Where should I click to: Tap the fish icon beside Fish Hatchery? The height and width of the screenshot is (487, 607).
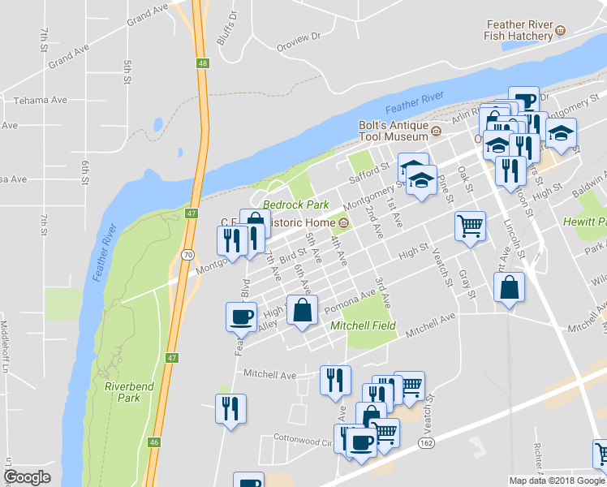[560, 32]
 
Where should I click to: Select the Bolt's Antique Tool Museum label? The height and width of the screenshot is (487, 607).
[394, 131]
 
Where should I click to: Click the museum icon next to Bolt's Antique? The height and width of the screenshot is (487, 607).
[436, 131]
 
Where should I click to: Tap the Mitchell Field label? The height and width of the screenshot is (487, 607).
[363, 325]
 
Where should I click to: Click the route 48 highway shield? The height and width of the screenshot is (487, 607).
[202, 62]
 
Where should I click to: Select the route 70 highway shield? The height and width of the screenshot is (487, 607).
[187, 254]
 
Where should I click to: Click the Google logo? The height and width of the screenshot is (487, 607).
[27, 477]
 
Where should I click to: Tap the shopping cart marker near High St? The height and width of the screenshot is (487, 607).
[470, 226]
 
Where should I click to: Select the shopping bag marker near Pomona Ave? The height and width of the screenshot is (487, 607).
[302, 310]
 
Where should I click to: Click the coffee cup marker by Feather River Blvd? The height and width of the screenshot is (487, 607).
[242, 316]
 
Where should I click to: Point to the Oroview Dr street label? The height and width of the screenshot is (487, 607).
[299, 37]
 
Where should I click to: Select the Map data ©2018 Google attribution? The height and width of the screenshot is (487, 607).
[557, 481]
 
